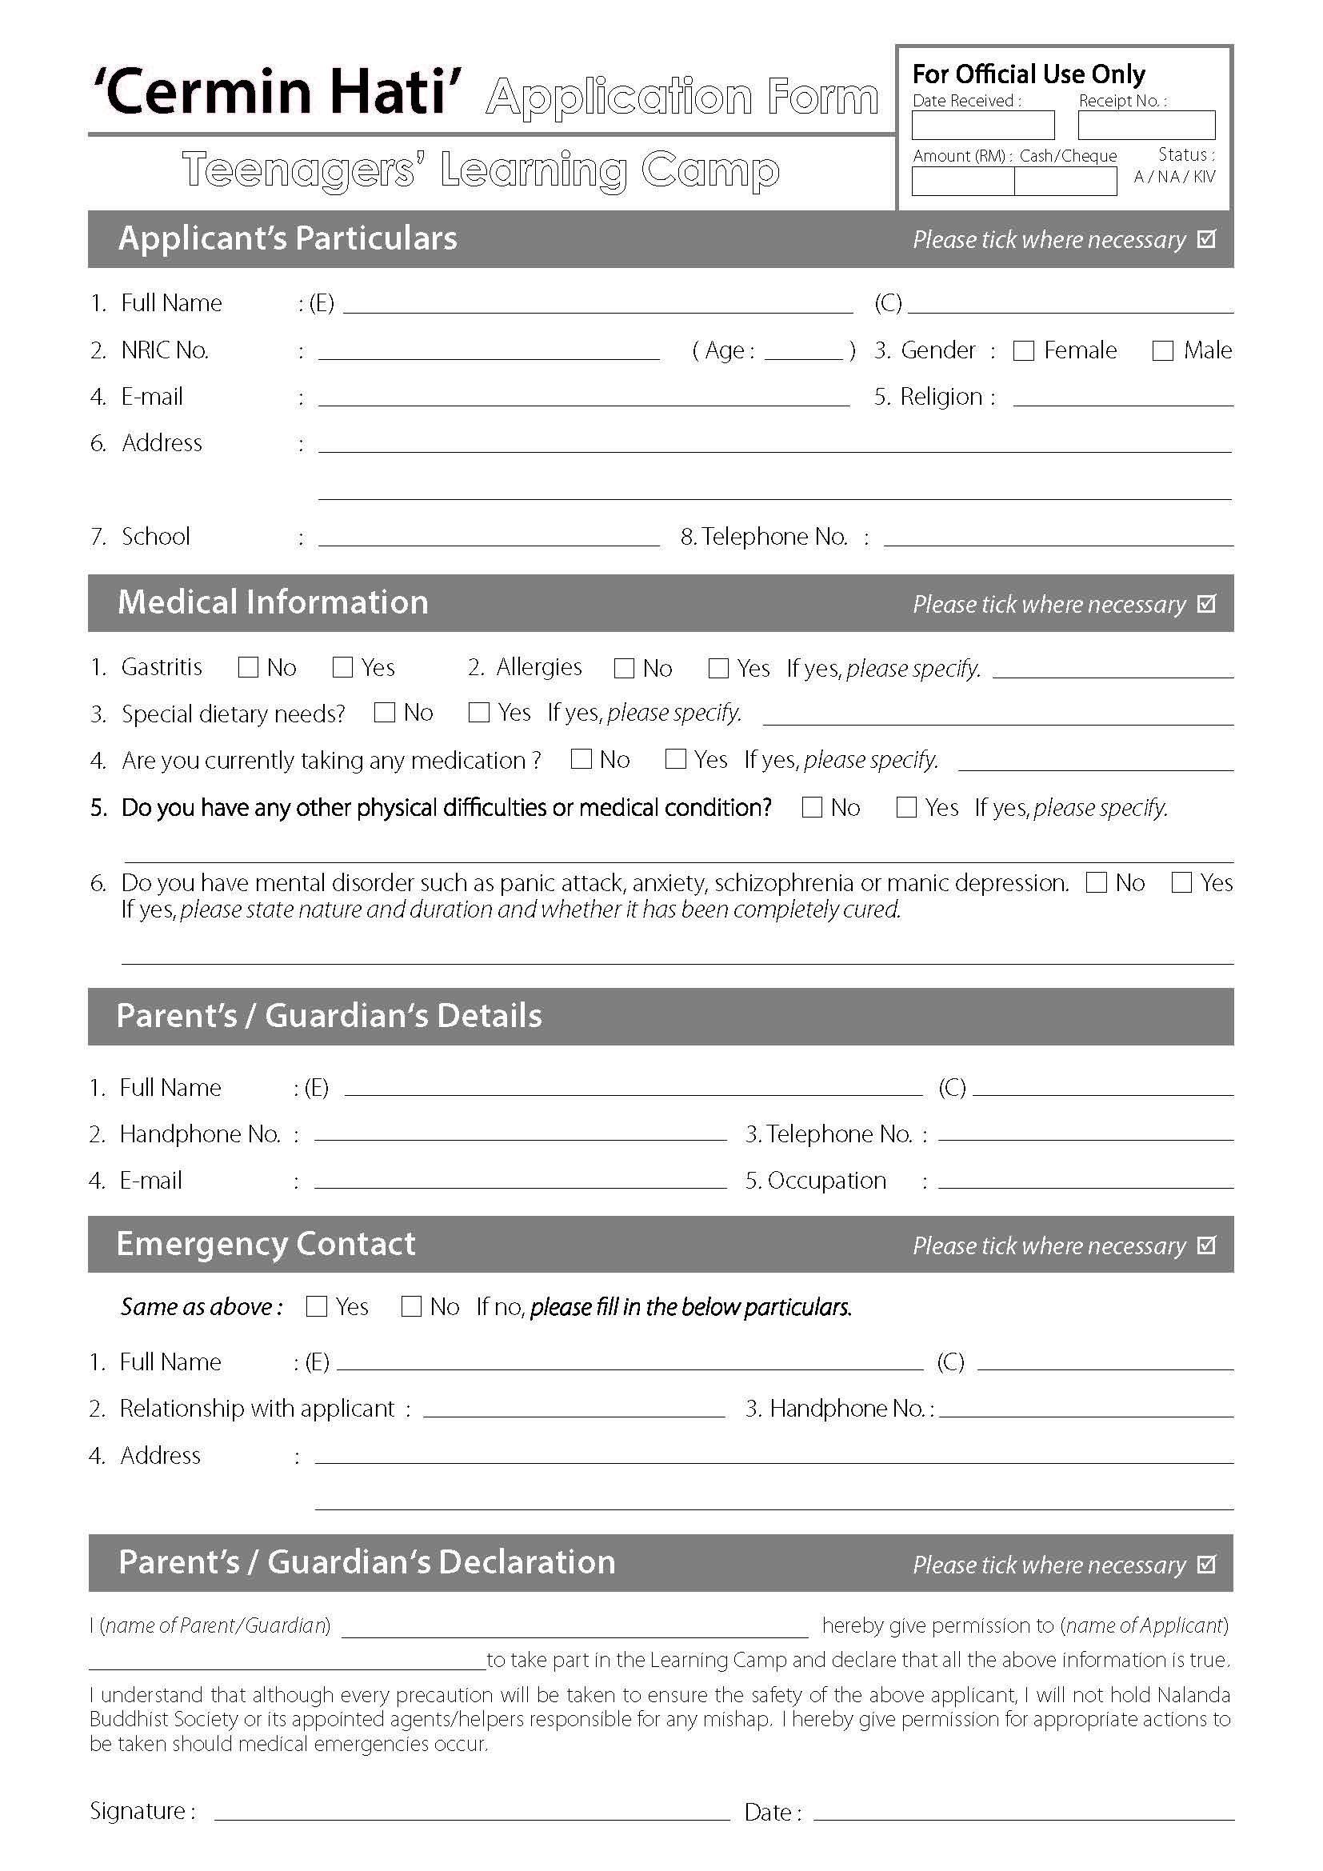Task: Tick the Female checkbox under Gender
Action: [x=1023, y=350]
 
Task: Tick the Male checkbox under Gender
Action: [x=1162, y=350]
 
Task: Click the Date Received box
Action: [x=982, y=126]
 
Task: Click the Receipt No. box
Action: [x=1146, y=126]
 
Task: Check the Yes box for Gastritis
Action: [x=343, y=667]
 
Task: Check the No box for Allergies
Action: [x=624, y=668]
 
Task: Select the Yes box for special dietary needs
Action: [x=479, y=713]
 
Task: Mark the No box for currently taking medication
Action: [x=582, y=759]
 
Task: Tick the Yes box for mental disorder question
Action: [x=1181, y=882]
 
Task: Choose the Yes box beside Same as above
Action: [x=316, y=1306]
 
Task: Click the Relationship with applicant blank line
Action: [x=574, y=1410]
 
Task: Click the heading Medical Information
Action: [x=273, y=602]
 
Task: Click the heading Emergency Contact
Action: [x=266, y=1244]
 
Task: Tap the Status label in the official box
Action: [x=1185, y=155]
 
